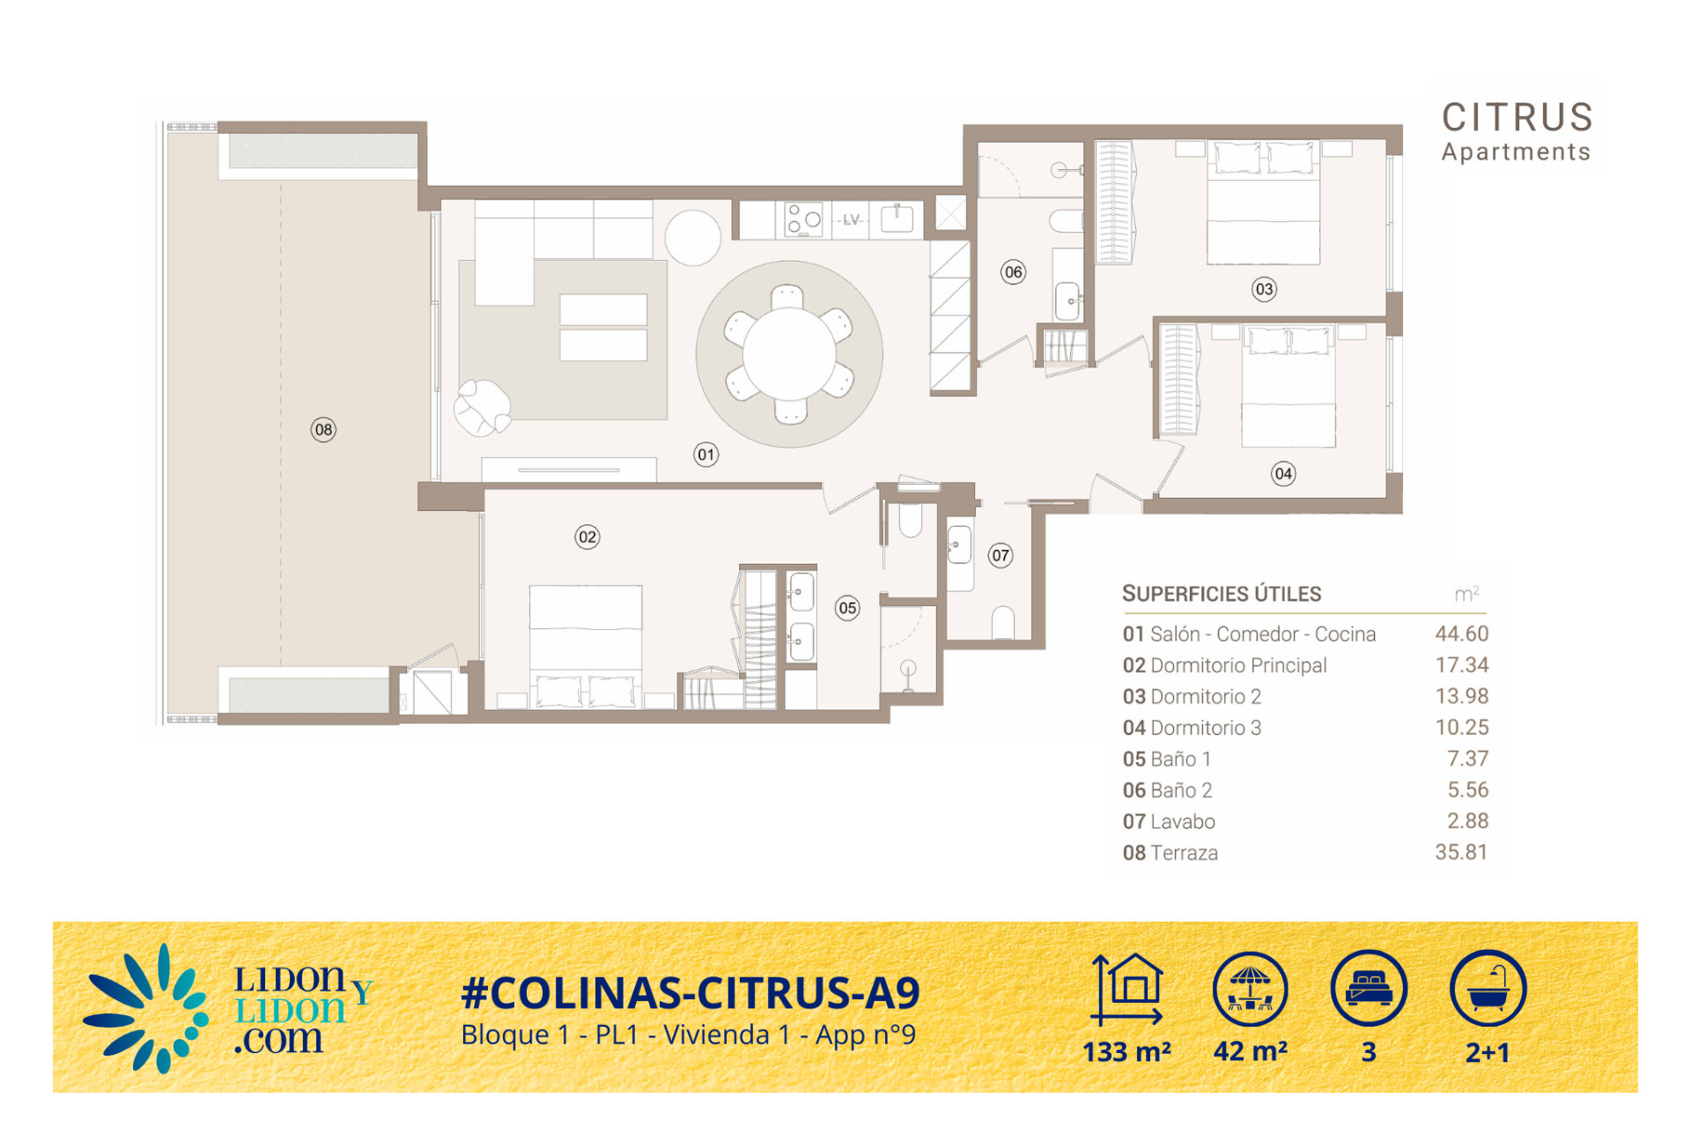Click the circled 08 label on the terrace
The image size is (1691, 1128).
[323, 430]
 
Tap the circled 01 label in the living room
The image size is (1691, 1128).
[706, 455]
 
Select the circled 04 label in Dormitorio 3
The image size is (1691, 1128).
[1283, 473]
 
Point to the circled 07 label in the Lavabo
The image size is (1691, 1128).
[1001, 555]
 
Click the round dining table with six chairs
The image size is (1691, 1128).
[789, 354]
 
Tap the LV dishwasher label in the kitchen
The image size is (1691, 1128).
[851, 219]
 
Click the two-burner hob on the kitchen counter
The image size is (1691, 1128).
[803, 219]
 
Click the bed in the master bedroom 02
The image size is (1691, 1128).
[586, 647]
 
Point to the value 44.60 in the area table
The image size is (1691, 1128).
[1461, 634]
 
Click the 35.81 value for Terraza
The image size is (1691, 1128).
[1461, 852]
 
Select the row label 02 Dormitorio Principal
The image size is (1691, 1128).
[1224, 665]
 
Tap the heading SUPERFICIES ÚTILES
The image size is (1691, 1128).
[1222, 594]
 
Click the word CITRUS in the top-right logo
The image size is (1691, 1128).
[1517, 117]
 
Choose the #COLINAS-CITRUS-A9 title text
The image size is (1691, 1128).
[690, 993]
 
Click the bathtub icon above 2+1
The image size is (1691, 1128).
[1488, 988]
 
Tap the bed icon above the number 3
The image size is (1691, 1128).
[1369, 988]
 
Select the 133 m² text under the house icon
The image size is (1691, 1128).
[1126, 1052]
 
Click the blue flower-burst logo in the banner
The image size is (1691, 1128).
[146, 1009]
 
